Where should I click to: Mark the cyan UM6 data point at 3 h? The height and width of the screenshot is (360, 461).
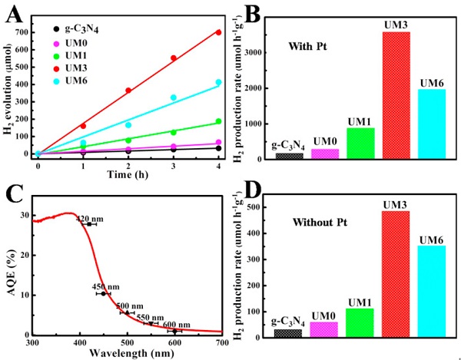pos(173,97)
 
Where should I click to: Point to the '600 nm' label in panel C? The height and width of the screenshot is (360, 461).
pos(174,324)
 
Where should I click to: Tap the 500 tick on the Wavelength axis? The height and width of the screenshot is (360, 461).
pos(127,342)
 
